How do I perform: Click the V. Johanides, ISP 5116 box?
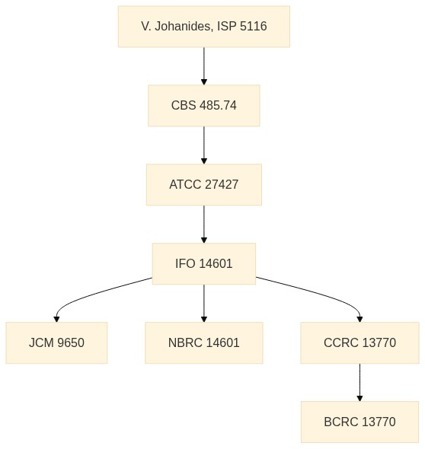pyautogui.click(x=204, y=27)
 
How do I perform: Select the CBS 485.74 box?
pyautogui.click(x=204, y=105)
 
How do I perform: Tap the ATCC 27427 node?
pyautogui.click(x=204, y=184)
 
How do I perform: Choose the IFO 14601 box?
pyautogui.click(x=204, y=263)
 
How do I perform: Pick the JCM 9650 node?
pyautogui.click(x=56, y=342)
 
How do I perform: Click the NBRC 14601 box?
pyautogui.click(x=204, y=342)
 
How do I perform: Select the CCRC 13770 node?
pyautogui.click(x=359, y=342)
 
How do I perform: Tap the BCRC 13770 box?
pyautogui.click(x=359, y=422)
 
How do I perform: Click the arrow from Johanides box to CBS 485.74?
pyautogui.click(x=204, y=66)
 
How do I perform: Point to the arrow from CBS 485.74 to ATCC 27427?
pyautogui.click(x=204, y=145)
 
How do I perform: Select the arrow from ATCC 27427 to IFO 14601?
pyautogui.click(x=204, y=224)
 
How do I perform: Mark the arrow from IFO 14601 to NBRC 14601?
pyautogui.click(x=204, y=303)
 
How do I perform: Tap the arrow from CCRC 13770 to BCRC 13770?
pyautogui.click(x=359, y=383)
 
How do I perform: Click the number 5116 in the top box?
pyautogui.click(x=253, y=27)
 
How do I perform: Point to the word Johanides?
pyautogui.click(x=184, y=27)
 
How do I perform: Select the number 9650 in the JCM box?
pyautogui.click(x=71, y=342)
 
